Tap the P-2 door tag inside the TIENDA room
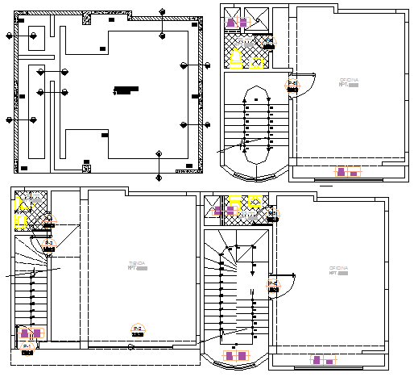tap(137, 329)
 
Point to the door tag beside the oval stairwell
tap(293, 83)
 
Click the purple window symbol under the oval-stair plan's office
tap(347, 171)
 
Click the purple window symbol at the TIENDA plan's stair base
tap(31, 333)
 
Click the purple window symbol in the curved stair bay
tap(237, 355)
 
